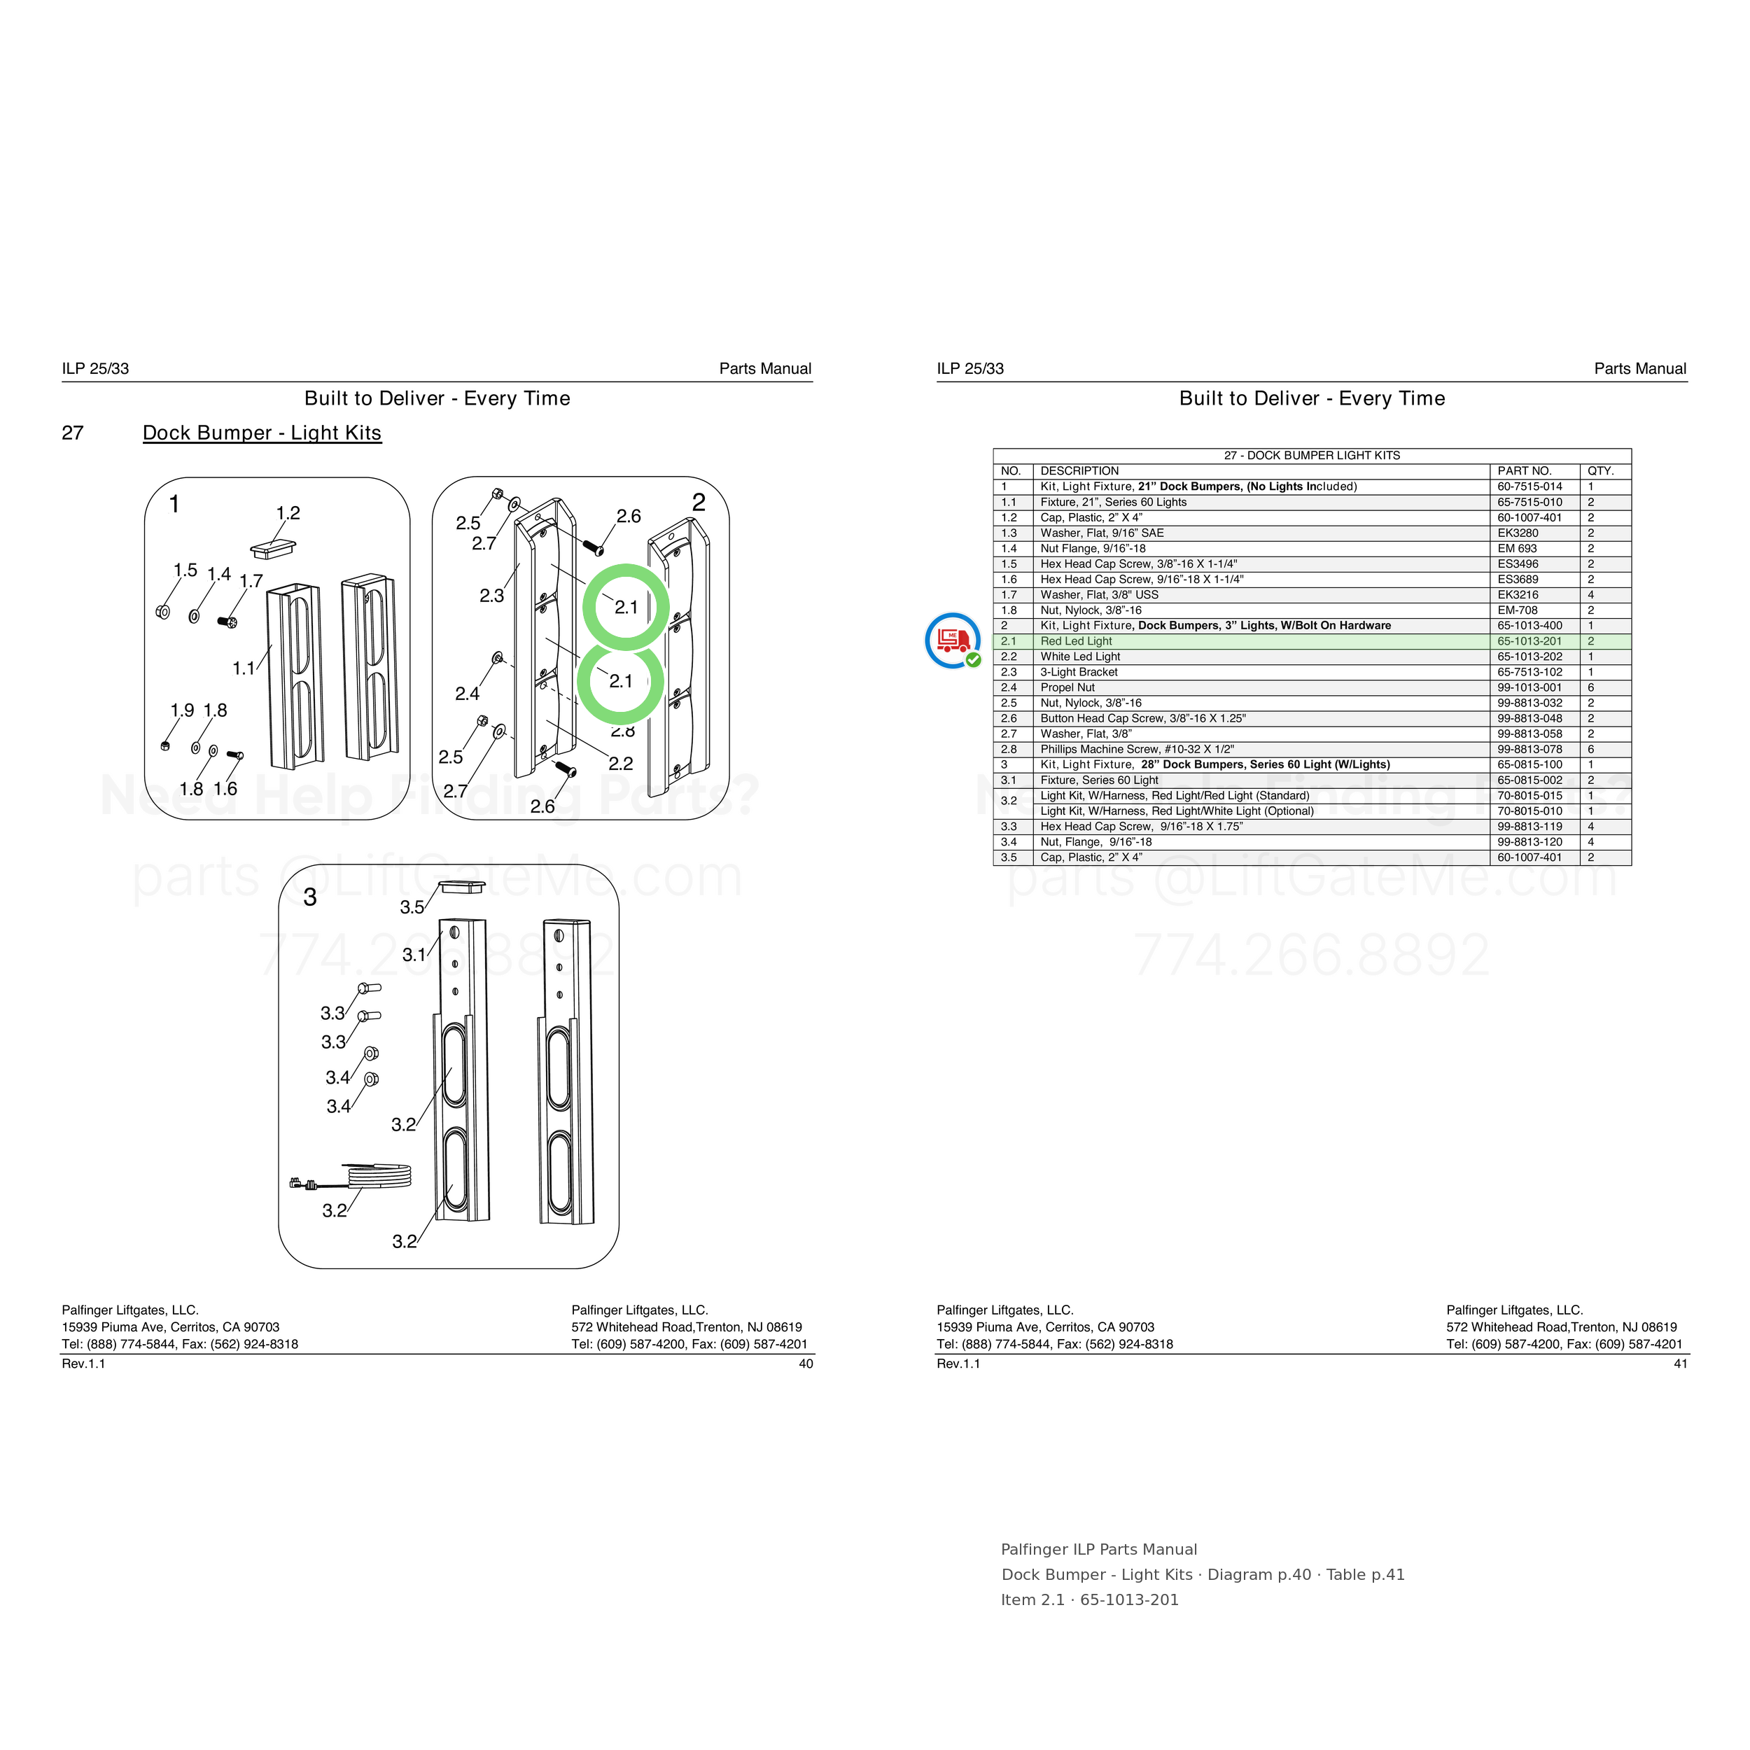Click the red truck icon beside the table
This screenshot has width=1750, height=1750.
click(x=953, y=640)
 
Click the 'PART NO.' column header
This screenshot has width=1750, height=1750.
click(x=1525, y=471)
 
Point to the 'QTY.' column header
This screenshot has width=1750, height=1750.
click(x=1600, y=471)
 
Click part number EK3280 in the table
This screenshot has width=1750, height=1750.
click(x=1518, y=533)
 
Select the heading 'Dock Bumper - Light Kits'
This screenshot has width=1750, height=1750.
click(x=262, y=433)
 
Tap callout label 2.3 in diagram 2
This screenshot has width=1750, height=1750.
click(x=492, y=596)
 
